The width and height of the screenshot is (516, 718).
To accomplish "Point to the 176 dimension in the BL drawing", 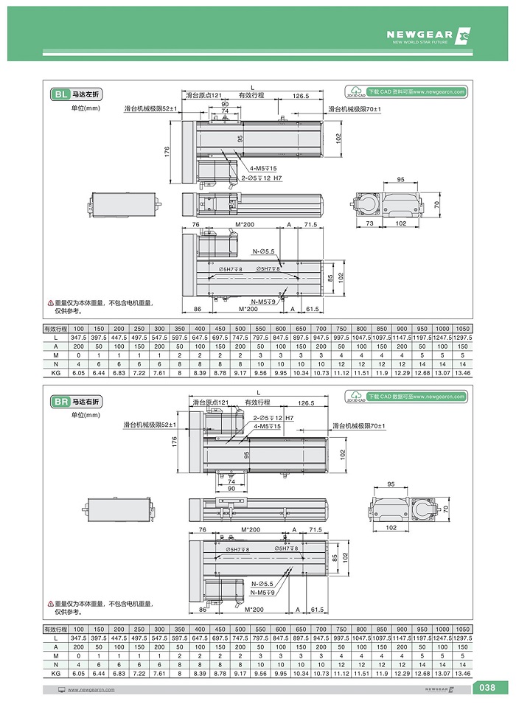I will point(167,152).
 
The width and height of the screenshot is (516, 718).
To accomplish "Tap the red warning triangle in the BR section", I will point(50,604).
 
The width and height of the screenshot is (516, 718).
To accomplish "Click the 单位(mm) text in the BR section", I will point(84,416).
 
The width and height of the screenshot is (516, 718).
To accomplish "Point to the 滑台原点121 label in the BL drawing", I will point(204,96).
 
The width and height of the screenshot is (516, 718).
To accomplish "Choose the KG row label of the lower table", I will point(55,673).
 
